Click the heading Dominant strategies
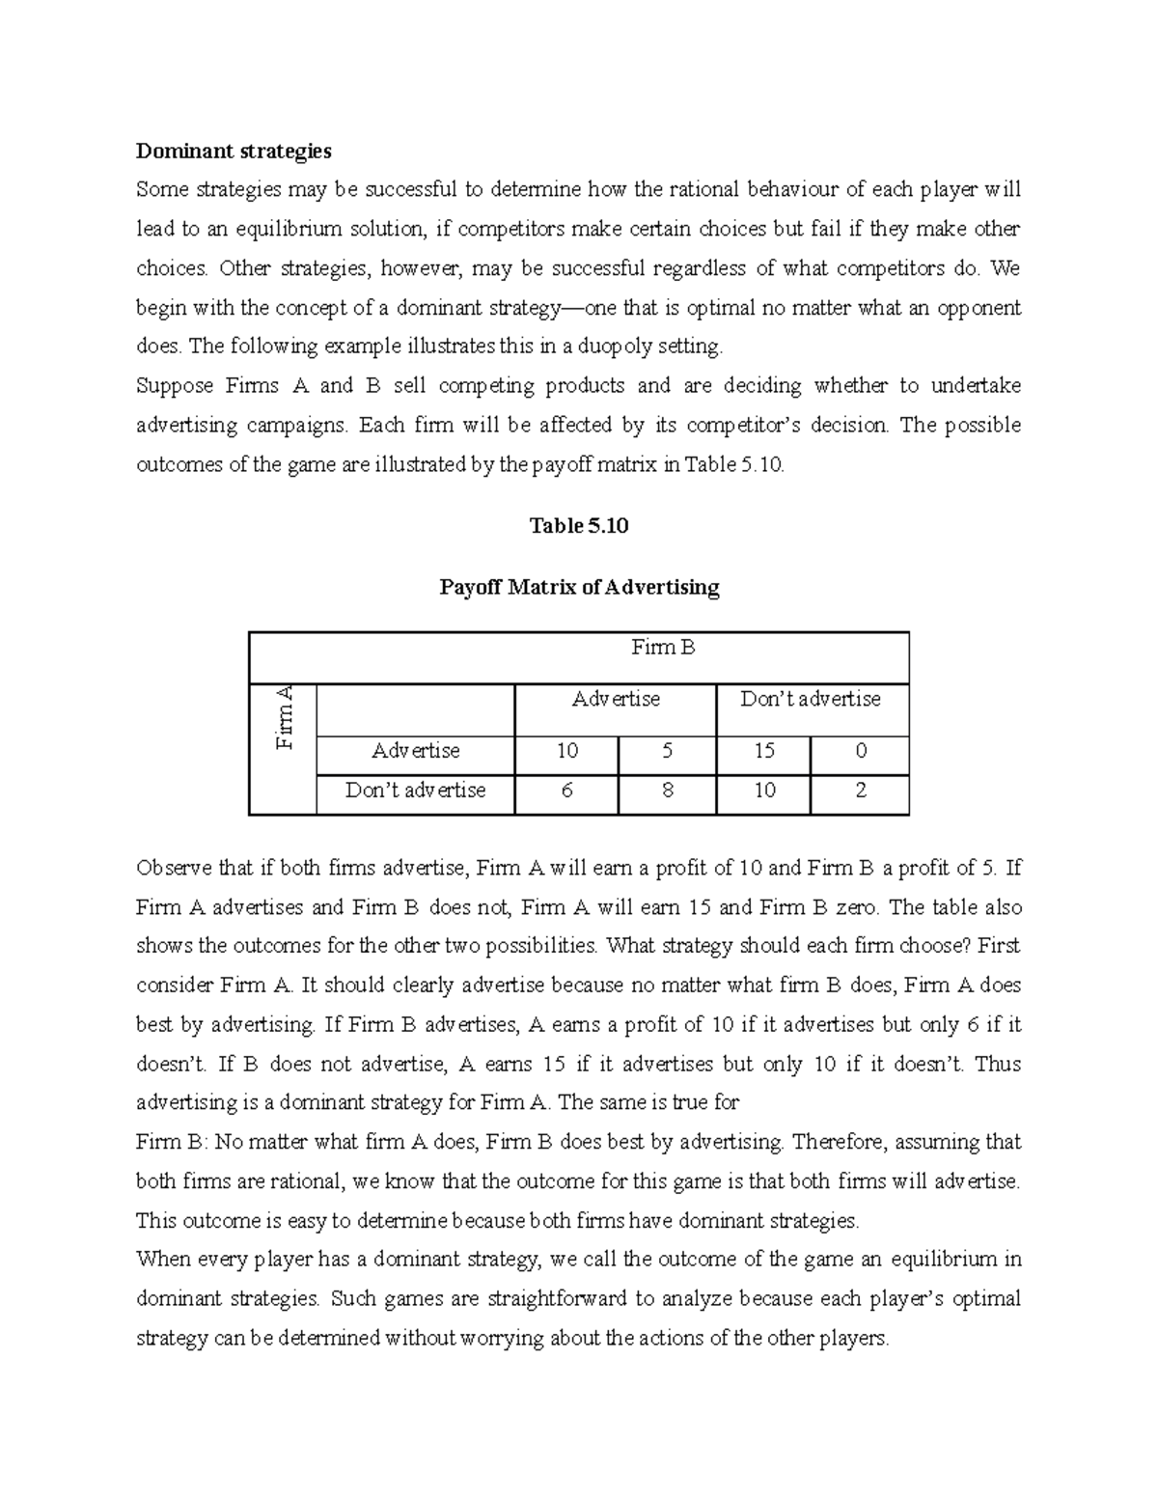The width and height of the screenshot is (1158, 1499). tap(234, 151)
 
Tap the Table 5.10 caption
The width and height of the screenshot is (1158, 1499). tap(579, 525)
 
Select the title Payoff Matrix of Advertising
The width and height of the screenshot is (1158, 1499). tap(579, 587)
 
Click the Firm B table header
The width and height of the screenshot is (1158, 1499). tap(663, 648)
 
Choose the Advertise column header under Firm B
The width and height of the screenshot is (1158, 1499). tap(616, 699)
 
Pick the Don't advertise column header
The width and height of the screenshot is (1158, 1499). tap(811, 699)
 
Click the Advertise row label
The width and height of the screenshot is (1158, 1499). tap(416, 751)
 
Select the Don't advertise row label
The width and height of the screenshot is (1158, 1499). tap(416, 791)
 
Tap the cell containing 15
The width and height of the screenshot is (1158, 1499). tap(764, 751)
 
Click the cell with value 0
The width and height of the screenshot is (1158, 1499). tap(861, 751)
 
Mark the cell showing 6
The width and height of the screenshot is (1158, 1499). tap(566, 791)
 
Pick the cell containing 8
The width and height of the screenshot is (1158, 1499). tap(668, 791)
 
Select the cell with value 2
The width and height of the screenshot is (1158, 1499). tap(861, 791)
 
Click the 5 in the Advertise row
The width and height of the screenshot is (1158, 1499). tap(668, 751)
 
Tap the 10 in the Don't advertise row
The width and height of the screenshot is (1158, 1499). tap(764, 791)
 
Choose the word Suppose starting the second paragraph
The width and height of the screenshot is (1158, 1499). tap(174, 386)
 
